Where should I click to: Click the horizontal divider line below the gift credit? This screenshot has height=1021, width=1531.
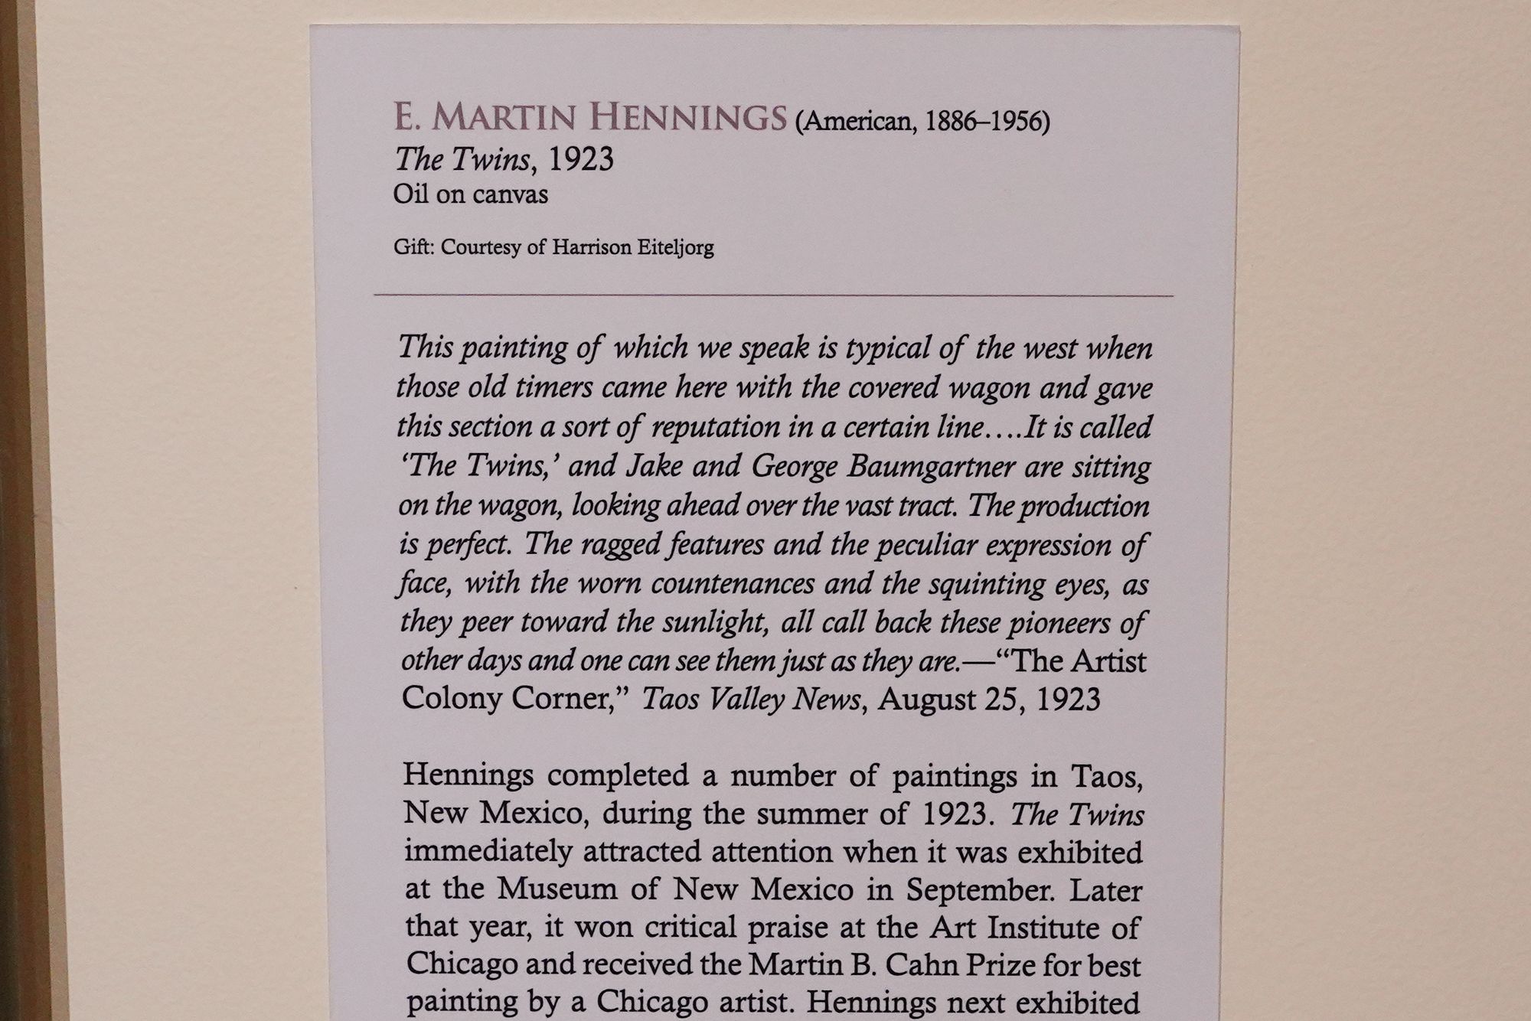pyautogui.click(x=773, y=295)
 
